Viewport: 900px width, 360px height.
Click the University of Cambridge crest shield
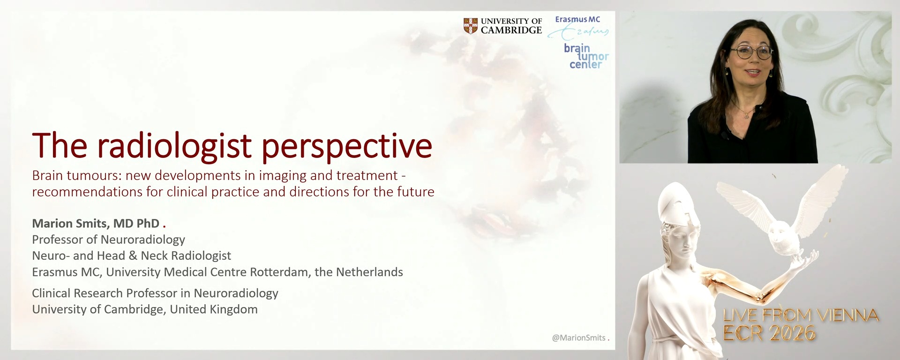[470, 26]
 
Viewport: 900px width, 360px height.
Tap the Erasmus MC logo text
[577, 20]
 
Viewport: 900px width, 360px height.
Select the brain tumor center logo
[586, 56]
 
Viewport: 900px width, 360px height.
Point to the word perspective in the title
[346, 146]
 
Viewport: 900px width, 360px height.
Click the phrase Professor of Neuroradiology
[108, 240]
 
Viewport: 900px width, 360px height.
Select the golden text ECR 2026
[769, 333]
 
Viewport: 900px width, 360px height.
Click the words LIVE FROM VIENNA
[800, 315]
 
